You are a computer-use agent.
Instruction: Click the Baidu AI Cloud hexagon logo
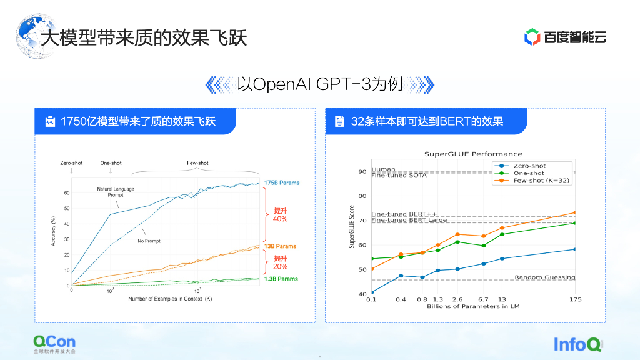532,37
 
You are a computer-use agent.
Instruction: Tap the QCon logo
55,344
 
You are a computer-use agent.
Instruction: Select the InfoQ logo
578,344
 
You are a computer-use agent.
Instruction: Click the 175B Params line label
282,182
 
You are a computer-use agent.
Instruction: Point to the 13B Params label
280,246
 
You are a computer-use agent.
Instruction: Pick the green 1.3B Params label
281,279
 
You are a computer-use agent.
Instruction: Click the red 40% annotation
281,219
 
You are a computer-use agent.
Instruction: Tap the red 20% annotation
281,266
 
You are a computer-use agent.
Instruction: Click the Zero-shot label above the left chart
71,163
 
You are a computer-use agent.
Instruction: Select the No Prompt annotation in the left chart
149,241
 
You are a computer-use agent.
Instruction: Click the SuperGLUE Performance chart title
473,154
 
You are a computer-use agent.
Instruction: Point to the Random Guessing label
544,277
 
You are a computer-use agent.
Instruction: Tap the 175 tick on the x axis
576,299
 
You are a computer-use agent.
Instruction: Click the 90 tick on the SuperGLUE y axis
362,171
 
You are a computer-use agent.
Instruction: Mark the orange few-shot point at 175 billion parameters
575,212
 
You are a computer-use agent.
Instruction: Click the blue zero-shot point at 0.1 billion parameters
372,292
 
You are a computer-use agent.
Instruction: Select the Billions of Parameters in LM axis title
473,306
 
